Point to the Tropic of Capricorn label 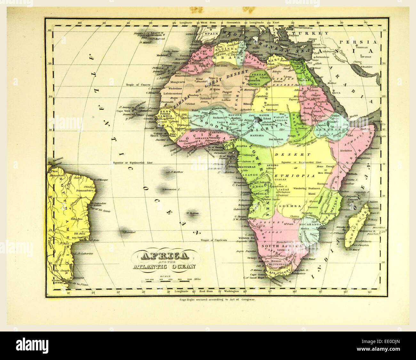pyautogui.click(x=214, y=240)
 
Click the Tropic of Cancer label pyautogui.click(x=138, y=85)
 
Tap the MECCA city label pyautogui.click(x=336, y=93)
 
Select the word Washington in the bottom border pyautogui.click(x=231, y=292)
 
